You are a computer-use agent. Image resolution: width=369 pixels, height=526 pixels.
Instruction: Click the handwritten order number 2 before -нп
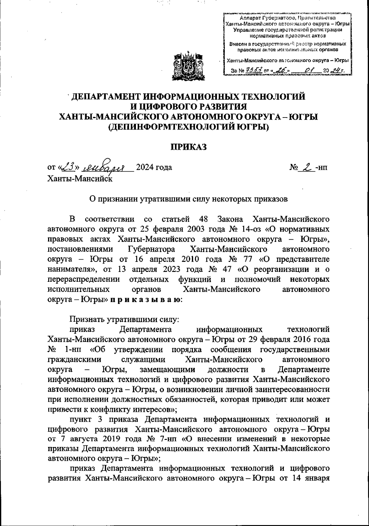pos(306,167)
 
